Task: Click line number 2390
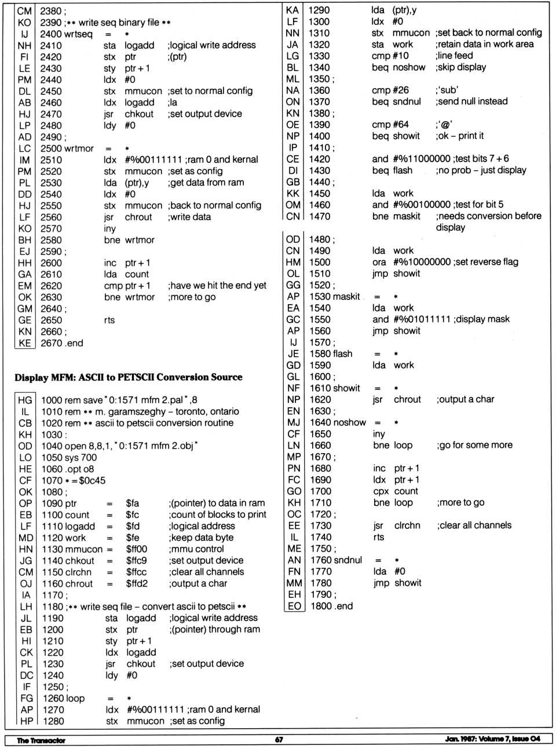pyautogui.click(x=50, y=23)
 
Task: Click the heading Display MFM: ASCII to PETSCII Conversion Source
pyautogui.click(x=129, y=377)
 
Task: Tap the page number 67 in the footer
pyautogui.click(x=279, y=740)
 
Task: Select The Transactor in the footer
pyautogui.click(x=41, y=740)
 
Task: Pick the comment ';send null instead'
pyautogui.click(x=471, y=101)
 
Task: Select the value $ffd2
pyautogui.click(x=137, y=583)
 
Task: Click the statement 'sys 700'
pyautogui.click(x=82, y=458)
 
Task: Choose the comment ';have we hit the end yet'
pyautogui.click(x=217, y=286)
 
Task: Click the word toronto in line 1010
pyautogui.click(x=193, y=412)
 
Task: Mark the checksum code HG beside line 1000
pyautogui.click(x=25, y=400)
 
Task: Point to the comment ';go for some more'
pyautogui.click(x=474, y=445)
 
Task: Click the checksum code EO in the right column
pyautogui.click(x=294, y=606)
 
